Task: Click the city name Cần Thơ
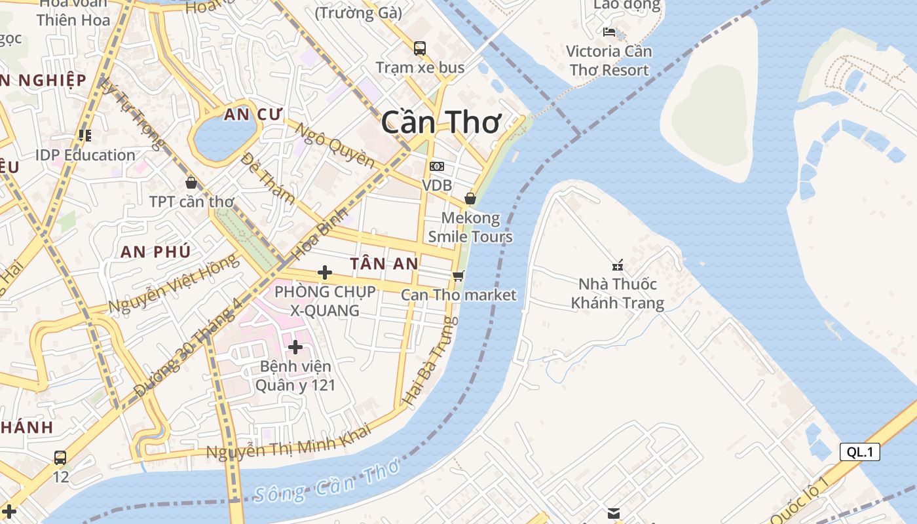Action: [x=441, y=122]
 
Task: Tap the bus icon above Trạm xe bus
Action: [x=420, y=48]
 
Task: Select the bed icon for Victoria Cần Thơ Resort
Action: [x=609, y=31]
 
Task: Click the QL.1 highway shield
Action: [x=859, y=451]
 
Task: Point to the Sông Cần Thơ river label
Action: [x=326, y=482]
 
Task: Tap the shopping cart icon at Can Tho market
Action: [x=458, y=276]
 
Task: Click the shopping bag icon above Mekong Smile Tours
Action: [x=470, y=198]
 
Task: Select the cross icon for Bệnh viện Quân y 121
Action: [x=295, y=346]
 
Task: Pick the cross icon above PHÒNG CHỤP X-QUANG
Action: [x=324, y=272]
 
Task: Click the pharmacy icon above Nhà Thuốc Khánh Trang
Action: [x=617, y=265]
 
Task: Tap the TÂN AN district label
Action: [x=384, y=263]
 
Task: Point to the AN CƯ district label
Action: [x=253, y=115]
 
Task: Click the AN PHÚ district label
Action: [x=156, y=252]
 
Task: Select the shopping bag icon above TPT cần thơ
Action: [x=191, y=183]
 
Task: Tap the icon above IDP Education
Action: [x=84, y=136]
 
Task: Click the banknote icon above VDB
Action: [x=437, y=166]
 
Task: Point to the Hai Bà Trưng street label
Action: [x=430, y=360]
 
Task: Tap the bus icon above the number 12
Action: [x=60, y=457]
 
